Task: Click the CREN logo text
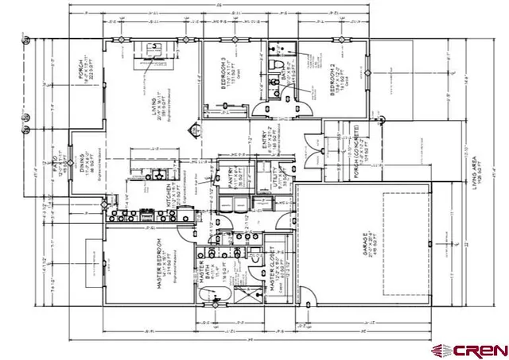coord(480,349)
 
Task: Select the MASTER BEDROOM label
coord(160,263)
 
